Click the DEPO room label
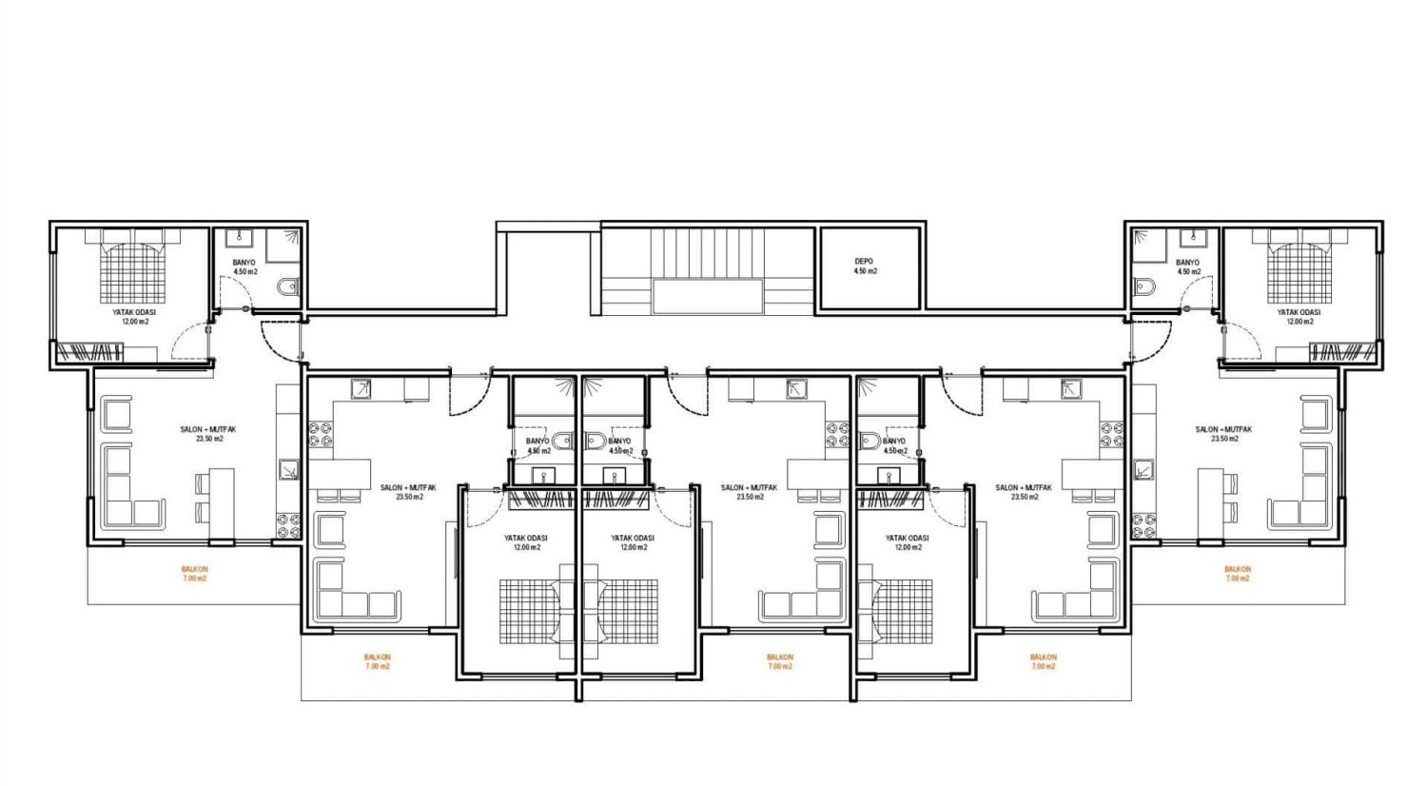coord(865,262)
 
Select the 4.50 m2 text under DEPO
coord(865,271)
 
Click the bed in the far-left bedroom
coord(132,267)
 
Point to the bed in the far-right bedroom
coord(1300,267)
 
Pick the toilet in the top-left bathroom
coord(288,287)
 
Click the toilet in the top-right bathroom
coord(1144,287)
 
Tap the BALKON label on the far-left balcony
coord(194,569)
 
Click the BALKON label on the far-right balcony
coord(1238,569)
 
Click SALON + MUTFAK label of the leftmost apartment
coord(208,430)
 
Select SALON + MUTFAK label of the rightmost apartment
coord(1223,430)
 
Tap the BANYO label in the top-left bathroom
coord(244,263)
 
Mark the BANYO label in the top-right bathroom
coord(1188,263)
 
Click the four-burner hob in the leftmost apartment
coord(287,525)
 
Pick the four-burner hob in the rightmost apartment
coord(1144,525)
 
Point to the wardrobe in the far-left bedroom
coord(89,352)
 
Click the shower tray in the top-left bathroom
coord(283,246)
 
